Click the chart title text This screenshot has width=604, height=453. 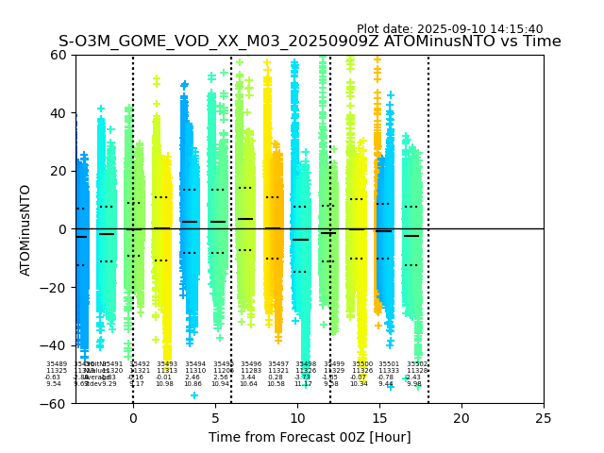pos(310,42)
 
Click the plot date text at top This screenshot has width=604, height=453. pos(449,29)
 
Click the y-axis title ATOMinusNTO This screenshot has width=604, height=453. pos(25,229)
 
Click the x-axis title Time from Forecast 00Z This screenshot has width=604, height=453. pos(310,437)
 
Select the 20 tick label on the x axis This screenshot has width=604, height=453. pos(461,418)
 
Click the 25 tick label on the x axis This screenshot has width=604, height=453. pos(544,418)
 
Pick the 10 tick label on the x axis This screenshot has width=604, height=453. pos(297,418)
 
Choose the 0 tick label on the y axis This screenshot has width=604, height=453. pos(64,229)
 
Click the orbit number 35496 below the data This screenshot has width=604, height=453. pos(251,363)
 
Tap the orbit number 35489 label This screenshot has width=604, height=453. pos(57,363)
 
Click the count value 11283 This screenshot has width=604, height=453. pos(251,371)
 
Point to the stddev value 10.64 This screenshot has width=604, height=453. pos(248,384)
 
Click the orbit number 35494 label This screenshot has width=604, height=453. pos(195,363)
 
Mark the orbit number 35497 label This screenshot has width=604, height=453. pos(278,363)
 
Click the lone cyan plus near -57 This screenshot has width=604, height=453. pos(194,395)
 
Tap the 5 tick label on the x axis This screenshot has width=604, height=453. pos(215,418)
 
